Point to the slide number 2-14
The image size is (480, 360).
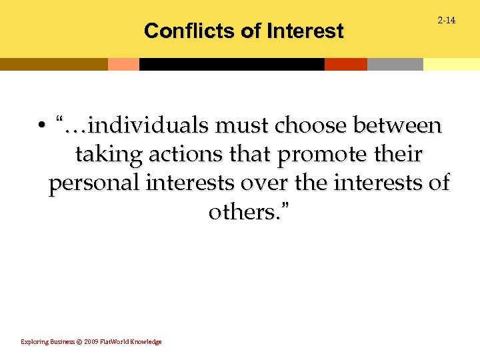446,21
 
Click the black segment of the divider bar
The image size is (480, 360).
231,64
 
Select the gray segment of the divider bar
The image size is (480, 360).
395,64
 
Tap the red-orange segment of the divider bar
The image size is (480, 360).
345,64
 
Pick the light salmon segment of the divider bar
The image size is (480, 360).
123,64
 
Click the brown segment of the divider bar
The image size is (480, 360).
53,64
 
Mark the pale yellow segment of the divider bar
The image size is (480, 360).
451,64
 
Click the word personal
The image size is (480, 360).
95,184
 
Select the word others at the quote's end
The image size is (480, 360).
241,213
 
